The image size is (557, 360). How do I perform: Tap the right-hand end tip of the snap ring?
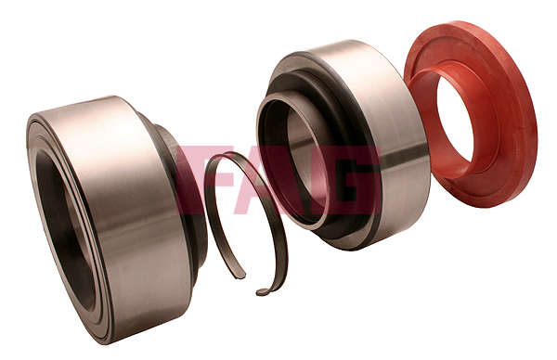click(x=259, y=292)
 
